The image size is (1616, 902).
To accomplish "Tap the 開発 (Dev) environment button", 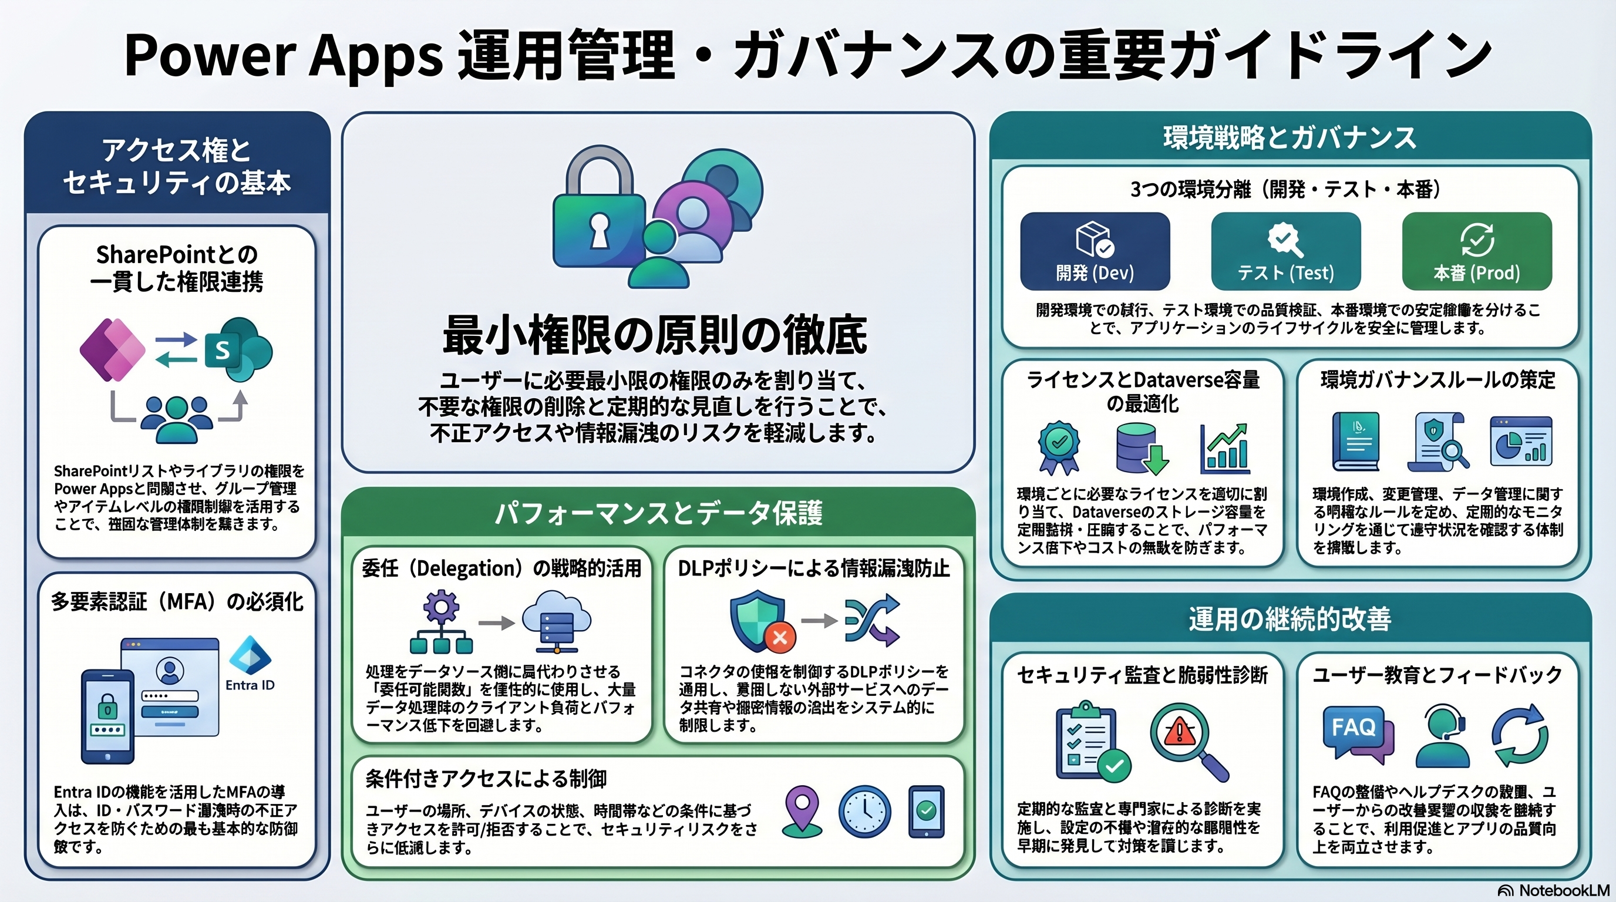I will click(1095, 251).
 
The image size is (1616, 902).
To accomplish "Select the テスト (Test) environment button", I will click(1285, 251).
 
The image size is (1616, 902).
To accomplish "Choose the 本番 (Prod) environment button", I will click(1477, 251).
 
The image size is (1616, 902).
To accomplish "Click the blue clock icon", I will click(864, 812).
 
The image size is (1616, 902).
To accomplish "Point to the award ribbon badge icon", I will click(1059, 447).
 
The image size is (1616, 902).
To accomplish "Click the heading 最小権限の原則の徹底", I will click(655, 334).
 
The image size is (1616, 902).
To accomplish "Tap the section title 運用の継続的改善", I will click(1290, 619).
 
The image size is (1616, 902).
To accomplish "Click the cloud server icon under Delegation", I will click(556, 621).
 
